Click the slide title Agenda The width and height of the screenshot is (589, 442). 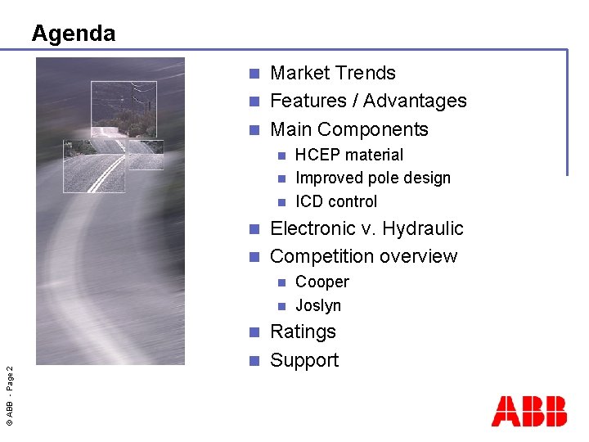[x=74, y=34]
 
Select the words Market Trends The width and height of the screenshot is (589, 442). [x=332, y=73]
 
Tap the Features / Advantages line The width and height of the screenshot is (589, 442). [x=367, y=101]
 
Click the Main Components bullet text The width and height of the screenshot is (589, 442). [x=348, y=129]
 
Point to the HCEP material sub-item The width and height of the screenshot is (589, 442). [x=348, y=155]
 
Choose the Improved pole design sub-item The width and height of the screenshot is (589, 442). [x=372, y=178]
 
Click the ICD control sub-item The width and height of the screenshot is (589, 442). [x=335, y=201]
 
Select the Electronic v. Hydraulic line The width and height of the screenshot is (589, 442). [x=366, y=228]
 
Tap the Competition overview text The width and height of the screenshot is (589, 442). [x=363, y=256]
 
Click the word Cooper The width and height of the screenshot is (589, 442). [x=321, y=282]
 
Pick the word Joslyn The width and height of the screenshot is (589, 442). [x=317, y=305]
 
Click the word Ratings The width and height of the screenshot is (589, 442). [x=303, y=331]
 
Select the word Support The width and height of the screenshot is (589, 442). [x=303, y=360]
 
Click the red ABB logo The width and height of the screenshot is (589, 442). [x=528, y=411]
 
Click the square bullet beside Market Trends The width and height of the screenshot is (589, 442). [x=254, y=74]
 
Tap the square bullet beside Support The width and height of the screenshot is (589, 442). [x=254, y=360]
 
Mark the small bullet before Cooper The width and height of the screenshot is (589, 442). [x=281, y=282]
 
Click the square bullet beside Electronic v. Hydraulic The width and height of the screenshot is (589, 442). [x=254, y=229]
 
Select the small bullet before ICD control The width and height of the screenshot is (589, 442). [x=281, y=202]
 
